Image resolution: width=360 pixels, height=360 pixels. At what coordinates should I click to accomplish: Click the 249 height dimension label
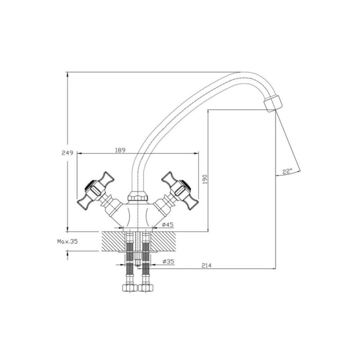[67, 153]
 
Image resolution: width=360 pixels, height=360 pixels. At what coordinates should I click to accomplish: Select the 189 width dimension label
[120, 150]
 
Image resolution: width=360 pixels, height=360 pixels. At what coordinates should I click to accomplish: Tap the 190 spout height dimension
[205, 179]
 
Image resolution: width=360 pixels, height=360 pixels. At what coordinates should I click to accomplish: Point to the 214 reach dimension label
[207, 265]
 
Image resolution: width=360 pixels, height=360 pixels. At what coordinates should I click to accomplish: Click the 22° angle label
[287, 171]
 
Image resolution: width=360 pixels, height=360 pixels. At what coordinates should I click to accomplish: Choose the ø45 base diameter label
[167, 225]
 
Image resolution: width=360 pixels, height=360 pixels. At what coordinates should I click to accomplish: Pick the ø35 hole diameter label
[168, 261]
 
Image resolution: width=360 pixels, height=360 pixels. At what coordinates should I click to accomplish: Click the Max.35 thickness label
[67, 242]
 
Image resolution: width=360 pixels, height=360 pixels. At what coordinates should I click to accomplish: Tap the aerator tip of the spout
[273, 104]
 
